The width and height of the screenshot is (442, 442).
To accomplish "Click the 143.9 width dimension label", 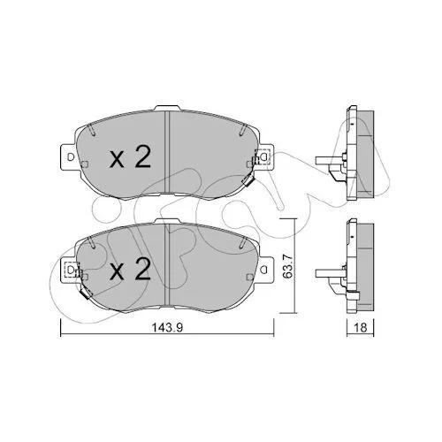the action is pos(167,327).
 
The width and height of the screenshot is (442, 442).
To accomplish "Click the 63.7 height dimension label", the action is pos(287,266).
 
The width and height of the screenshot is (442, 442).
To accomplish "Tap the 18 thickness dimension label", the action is pos(360,327).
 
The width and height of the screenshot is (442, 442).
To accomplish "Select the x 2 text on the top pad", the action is pos(130,157).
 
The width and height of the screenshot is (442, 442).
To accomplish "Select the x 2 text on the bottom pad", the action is pos(130,269).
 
